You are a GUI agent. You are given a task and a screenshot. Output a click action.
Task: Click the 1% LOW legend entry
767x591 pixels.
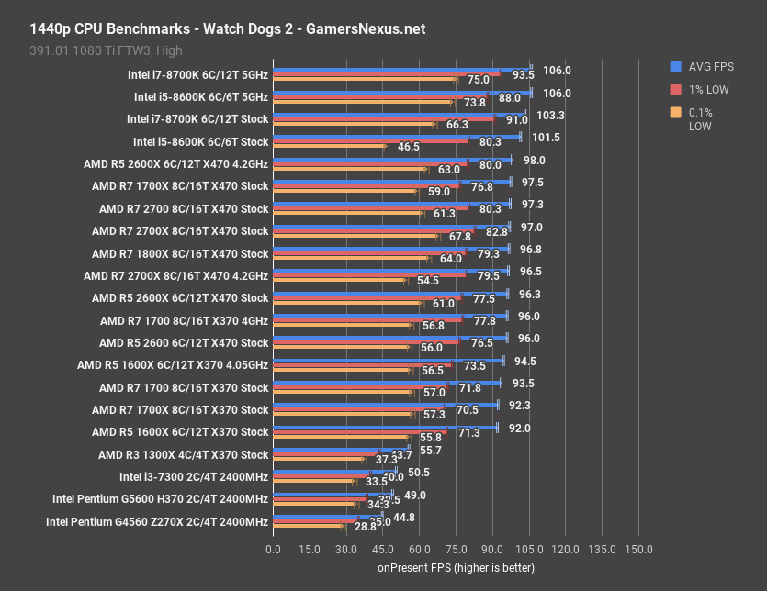[x=702, y=89]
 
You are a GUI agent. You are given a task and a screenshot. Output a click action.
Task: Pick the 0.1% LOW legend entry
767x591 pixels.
[x=702, y=119]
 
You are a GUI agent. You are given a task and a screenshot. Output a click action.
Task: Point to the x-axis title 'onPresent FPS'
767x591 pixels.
[x=456, y=568]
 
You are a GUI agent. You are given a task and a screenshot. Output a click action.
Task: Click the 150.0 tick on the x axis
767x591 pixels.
[x=637, y=549]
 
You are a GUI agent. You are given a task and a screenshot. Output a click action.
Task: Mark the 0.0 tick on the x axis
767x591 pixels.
[x=273, y=549]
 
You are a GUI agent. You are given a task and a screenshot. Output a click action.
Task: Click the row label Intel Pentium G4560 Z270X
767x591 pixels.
[x=156, y=521]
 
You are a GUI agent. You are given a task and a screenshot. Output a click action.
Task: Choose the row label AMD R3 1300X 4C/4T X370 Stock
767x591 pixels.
[x=183, y=454]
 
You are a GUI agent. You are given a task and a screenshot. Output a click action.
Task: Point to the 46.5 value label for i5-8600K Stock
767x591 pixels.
[x=408, y=147]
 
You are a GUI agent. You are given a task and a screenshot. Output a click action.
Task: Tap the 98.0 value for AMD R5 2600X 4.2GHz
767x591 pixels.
[x=536, y=160]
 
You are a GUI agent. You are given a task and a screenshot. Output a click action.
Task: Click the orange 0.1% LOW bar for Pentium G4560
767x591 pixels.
[x=307, y=527]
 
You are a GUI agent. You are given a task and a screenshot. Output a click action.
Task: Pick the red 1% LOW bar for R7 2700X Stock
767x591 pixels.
[x=373, y=229]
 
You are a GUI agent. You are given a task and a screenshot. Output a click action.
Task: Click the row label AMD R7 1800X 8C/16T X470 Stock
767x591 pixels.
[x=180, y=253]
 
